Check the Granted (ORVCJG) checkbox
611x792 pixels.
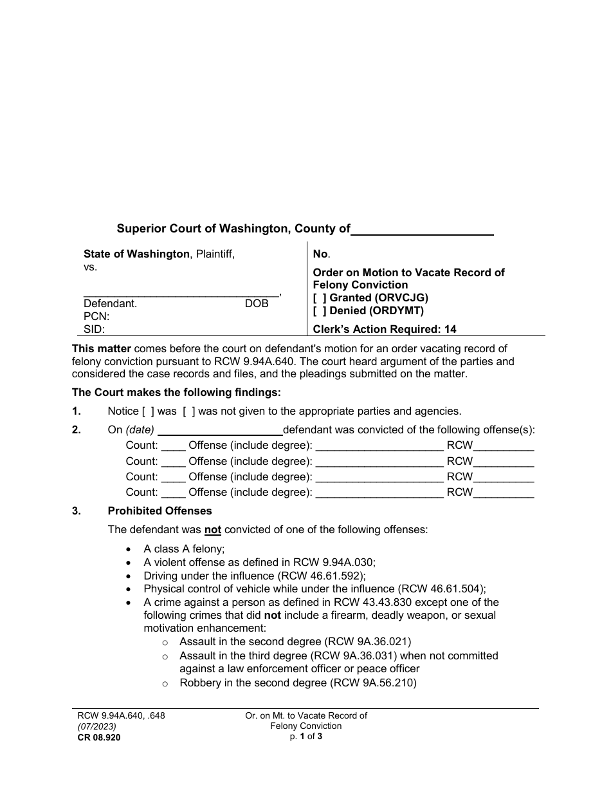click(320, 297)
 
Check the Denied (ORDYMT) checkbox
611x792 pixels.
click(320, 310)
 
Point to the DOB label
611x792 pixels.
click(257, 303)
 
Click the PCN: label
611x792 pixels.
click(96, 316)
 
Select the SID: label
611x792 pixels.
click(95, 329)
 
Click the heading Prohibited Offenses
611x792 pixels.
click(160, 511)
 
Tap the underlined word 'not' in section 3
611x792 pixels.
click(213, 530)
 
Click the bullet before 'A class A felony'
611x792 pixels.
click(130, 549)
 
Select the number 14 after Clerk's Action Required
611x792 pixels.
click(450, 329)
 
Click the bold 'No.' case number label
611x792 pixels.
click(321, 254)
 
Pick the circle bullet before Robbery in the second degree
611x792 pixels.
click(165, 684)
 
